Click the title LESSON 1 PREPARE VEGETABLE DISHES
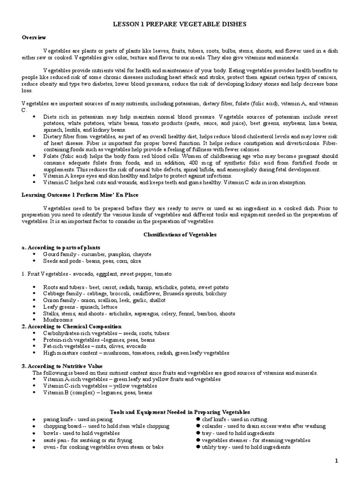(x=180, y=23)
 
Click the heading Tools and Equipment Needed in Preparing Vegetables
(x=180, y=411)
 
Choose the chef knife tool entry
(x=234, y=419)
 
